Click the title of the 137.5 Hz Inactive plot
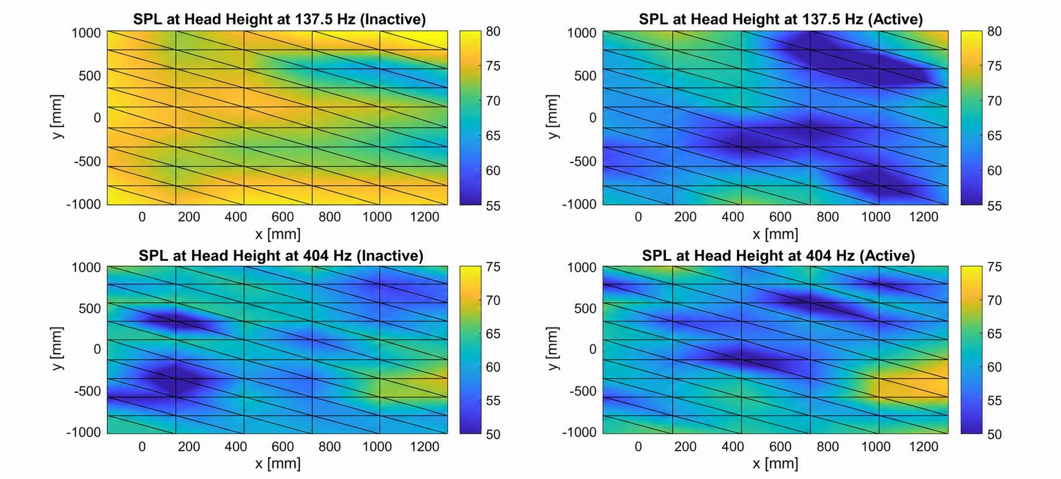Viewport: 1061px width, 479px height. click(279, 19)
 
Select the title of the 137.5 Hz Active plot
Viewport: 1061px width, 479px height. click(780, 19)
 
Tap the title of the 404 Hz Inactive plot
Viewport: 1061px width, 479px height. click(281, 256)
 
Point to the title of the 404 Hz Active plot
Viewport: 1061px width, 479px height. click(778, 256)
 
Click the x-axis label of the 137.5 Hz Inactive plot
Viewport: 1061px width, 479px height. click(277, 234)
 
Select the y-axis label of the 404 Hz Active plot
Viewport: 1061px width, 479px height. click(553, 349)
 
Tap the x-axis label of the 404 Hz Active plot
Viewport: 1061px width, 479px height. click(775, 464)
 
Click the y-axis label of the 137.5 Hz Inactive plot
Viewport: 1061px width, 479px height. click(57, 117)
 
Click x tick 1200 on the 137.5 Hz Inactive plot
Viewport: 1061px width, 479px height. click(424, 216)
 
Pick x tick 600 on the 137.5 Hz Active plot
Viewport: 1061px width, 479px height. click(780, 216)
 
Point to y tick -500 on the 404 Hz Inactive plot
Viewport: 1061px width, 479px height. click(88, 391)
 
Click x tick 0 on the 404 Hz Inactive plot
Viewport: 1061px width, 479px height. click(142, 447)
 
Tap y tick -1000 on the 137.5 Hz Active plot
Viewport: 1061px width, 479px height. click(579, 204)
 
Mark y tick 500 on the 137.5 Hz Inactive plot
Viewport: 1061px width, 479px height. click(90, 76)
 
